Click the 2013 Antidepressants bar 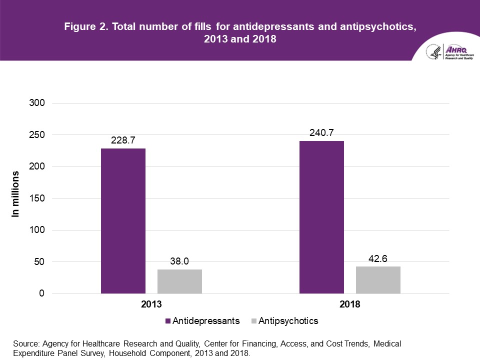[123, 221]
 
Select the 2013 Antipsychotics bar [179, 281]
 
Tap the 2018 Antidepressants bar [321, 217]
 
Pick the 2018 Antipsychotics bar [378, 280]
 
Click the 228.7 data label [123, 140]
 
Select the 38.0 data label [179, 261]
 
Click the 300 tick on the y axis [38, 103]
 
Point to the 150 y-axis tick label [38, 198]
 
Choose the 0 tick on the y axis [42, 293]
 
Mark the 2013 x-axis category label [151, 304]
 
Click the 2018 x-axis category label [349, 304]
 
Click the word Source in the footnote [25, 344]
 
